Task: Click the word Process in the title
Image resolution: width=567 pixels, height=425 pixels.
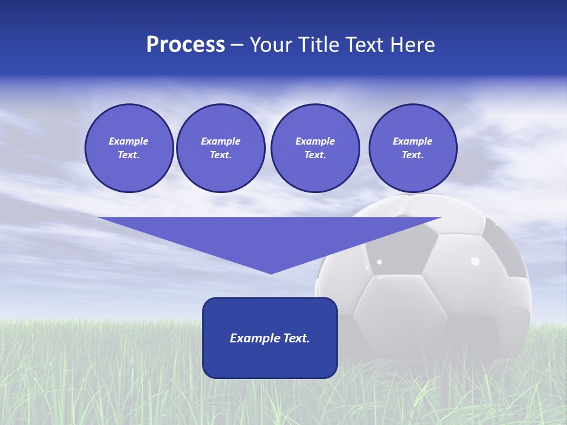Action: (185, 45)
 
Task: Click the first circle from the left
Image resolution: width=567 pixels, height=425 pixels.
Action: (129, 148)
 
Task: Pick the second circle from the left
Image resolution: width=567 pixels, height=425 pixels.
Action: (220, 148)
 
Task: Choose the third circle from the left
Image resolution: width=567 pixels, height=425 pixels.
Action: (315, 148)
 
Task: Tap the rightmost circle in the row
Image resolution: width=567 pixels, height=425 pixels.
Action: (412, 148)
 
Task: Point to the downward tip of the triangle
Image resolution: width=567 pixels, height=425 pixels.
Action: (271, 272)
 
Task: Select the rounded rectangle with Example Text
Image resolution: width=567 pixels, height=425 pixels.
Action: (270, 338)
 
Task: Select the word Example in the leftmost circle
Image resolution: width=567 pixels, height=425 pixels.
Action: (129, 141)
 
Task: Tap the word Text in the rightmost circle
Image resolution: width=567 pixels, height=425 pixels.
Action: (412, 155)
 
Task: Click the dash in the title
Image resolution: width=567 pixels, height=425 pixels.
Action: (237, 45)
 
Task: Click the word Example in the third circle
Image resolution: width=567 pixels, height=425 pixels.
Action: (315, 141)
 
